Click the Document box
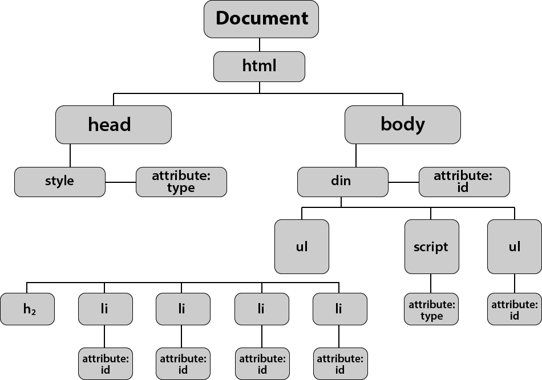261,19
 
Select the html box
259,67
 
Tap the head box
113,124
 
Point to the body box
402,124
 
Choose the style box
60,182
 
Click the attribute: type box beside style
181,182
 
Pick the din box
342,182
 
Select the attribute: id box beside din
464,182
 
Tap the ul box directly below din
301,247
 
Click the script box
431,247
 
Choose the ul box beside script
514,247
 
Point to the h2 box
27,309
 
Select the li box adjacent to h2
105,309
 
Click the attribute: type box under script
431,309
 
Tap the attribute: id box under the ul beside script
514,309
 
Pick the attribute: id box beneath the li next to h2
105,364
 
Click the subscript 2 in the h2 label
34,312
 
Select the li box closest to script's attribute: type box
339,309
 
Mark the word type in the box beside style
181,189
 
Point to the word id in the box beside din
463,188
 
